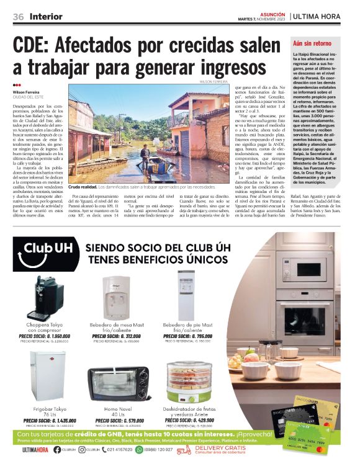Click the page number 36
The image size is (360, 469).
pos(19,16)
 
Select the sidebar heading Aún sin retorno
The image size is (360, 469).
pos(313,44)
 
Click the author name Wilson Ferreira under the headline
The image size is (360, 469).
pos(27,92)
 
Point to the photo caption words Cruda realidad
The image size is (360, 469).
pos(83,186)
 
